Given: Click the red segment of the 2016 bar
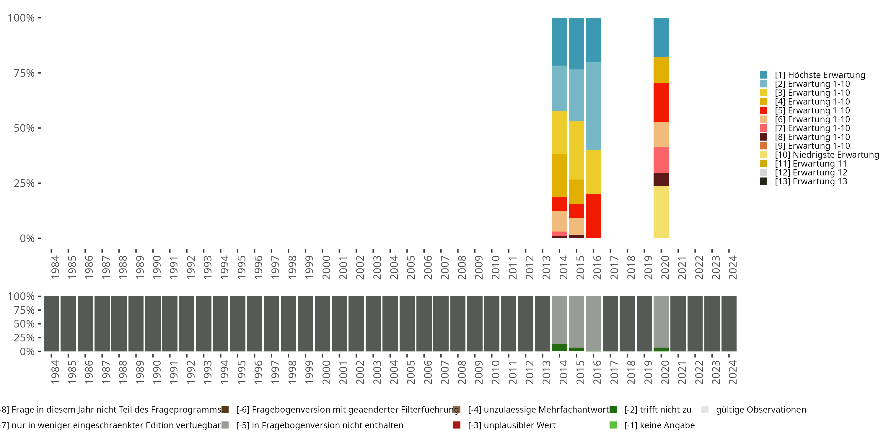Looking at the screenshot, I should pyautogui.click(x=593, y=216).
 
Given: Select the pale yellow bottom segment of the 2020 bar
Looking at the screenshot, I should pyautogui.click(x=661, y=212).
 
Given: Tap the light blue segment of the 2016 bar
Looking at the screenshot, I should pyautogui.click(x=593, y=106).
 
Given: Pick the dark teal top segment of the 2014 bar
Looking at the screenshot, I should pyautogui.click(x=560, y=41).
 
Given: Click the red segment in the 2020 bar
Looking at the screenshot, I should pyautogui.click(x=661, y=102).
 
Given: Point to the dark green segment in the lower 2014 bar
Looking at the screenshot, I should pyautogui.click(x=560, y=347).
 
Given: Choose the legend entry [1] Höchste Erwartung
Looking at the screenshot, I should pyautogui.click(x=820, y=75).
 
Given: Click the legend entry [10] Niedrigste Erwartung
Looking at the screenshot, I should pyautogui.click(x=827, y=155).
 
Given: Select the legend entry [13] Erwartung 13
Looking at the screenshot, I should pyautogui.click(x=811, y=181).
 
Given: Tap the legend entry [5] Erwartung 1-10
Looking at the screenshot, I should pyautogui.click(x=812, y=110).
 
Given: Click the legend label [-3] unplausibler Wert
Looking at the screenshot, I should pyautogui.click(x=512, y=425).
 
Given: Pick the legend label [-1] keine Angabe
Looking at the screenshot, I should pyautogui.click(x=659, y=425).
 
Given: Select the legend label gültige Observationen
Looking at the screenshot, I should pyautogui.click(x=761, y=410).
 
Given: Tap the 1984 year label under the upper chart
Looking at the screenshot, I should pyautogui.click(x=55, y=267).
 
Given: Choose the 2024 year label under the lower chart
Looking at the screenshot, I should pyautogui.click(x=733, y=372).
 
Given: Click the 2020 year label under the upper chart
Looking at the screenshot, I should pyautogui.click(x=665, y=267).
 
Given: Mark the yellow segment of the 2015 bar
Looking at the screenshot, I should pyautogui.click(x=576, y=150).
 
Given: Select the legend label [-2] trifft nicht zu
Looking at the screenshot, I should pyautogui.click(x=658, y=410).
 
